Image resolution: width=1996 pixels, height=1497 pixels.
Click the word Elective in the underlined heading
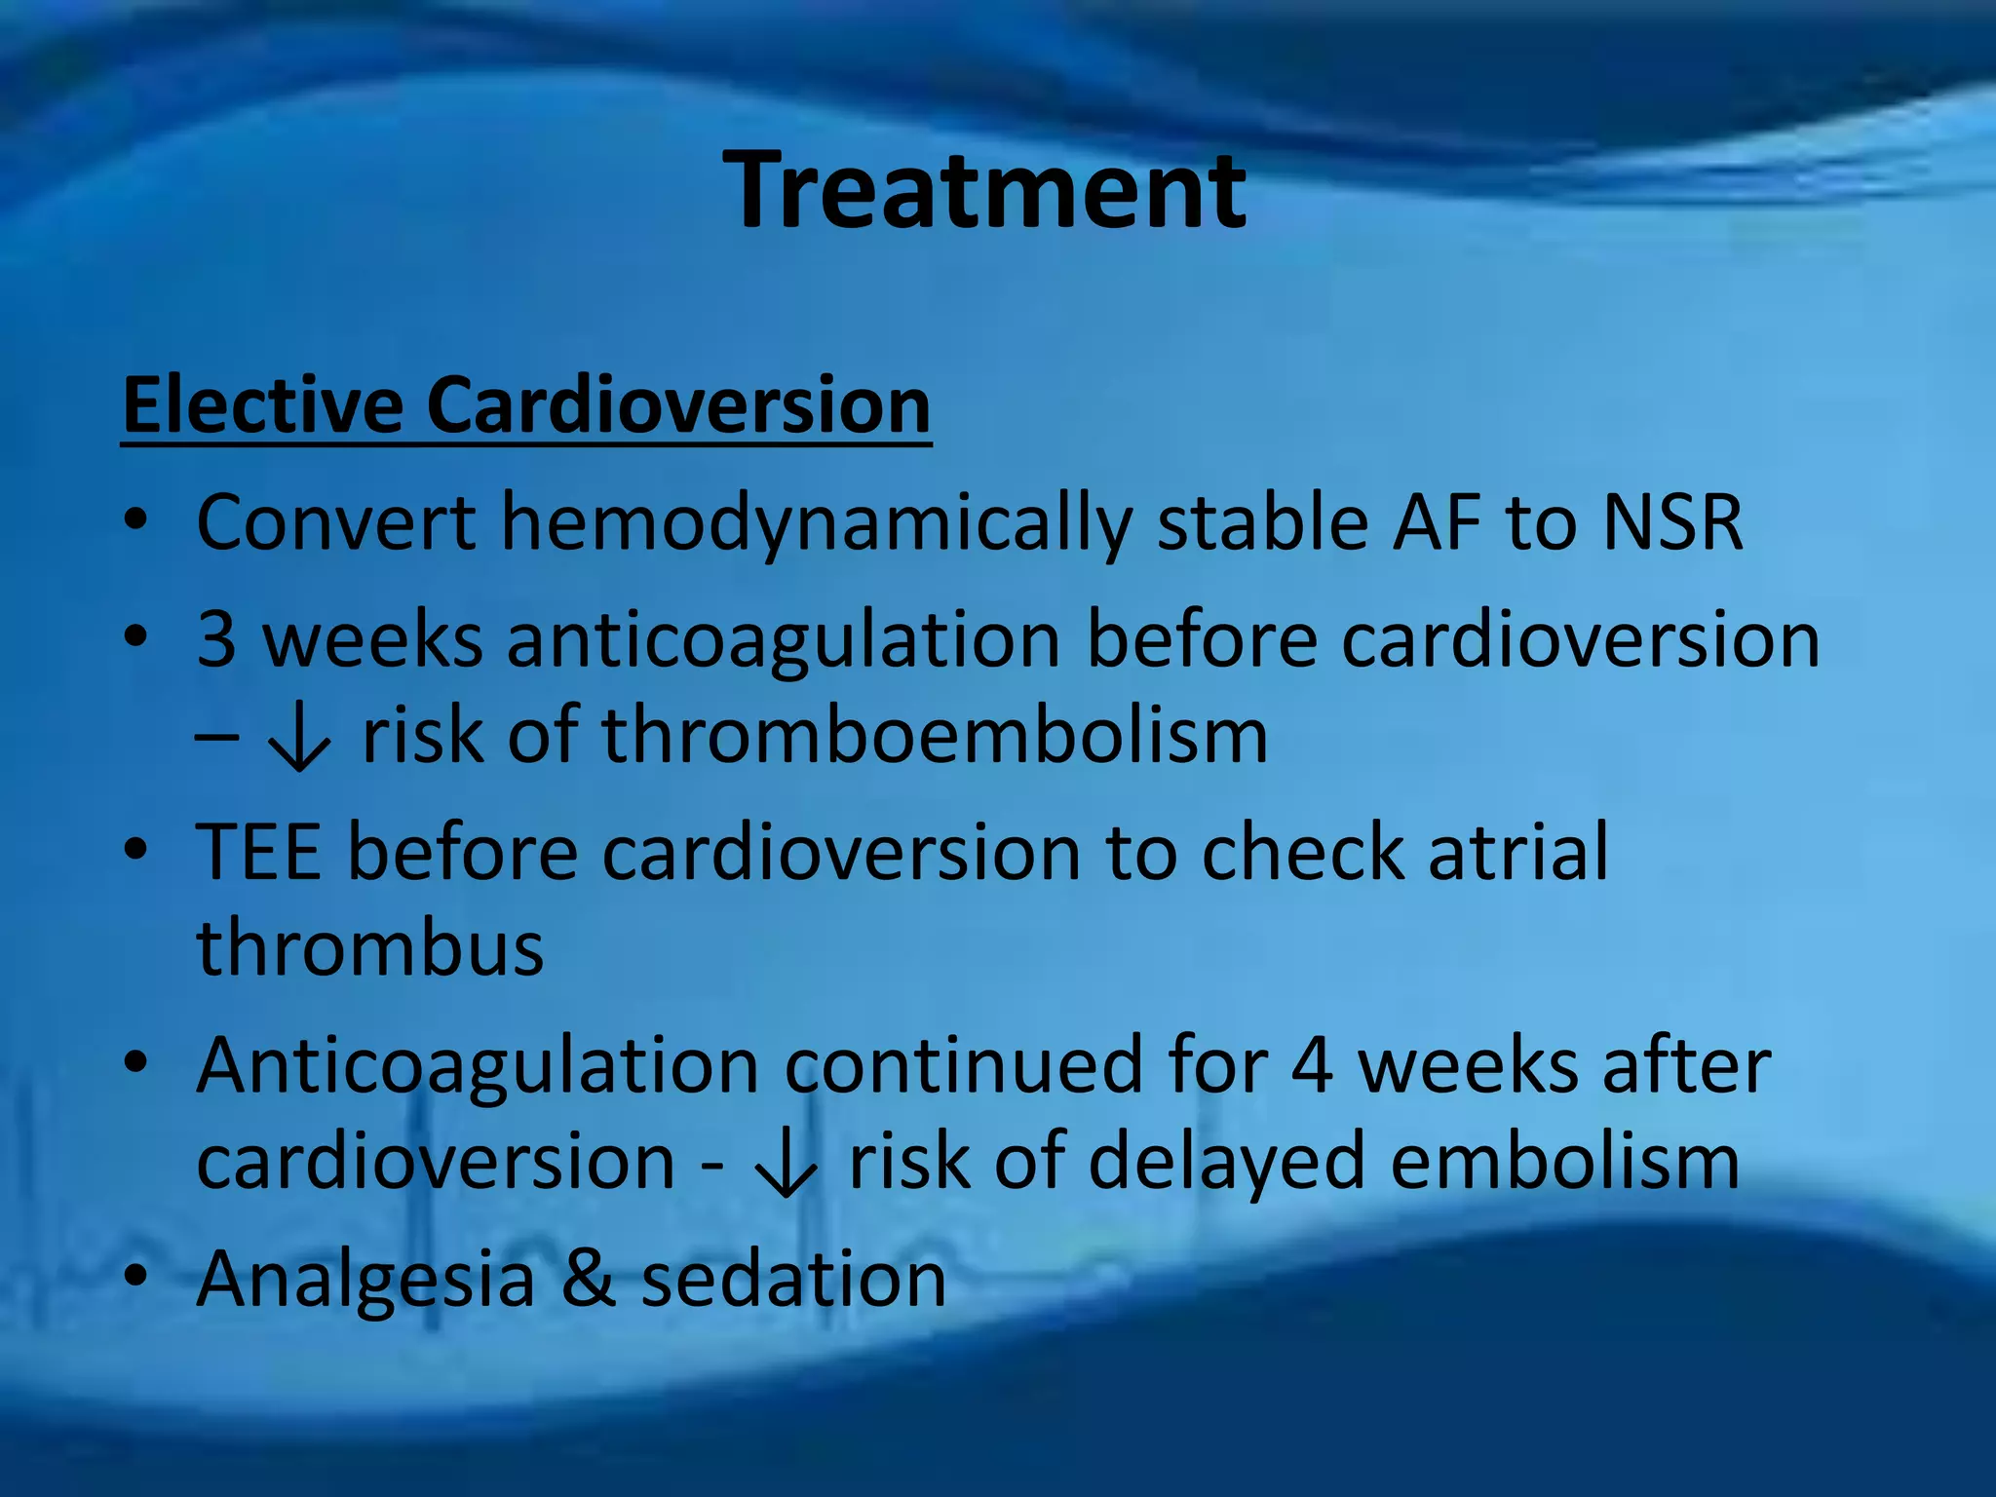(x=262, y=404)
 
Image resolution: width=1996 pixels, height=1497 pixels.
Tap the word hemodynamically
(x=816, y=523)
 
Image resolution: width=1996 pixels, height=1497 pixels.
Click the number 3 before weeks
(x=216, y=639)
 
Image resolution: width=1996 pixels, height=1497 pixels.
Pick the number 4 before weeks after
(x=1312, y=1065)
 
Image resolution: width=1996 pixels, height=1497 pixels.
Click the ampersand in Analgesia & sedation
(x=589, y=1278)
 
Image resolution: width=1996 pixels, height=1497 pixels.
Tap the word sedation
(x=793, y=1278)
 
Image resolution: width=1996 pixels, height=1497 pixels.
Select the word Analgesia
(x=366, y=1280)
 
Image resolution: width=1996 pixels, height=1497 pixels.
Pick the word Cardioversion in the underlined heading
(x=678, y=404)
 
